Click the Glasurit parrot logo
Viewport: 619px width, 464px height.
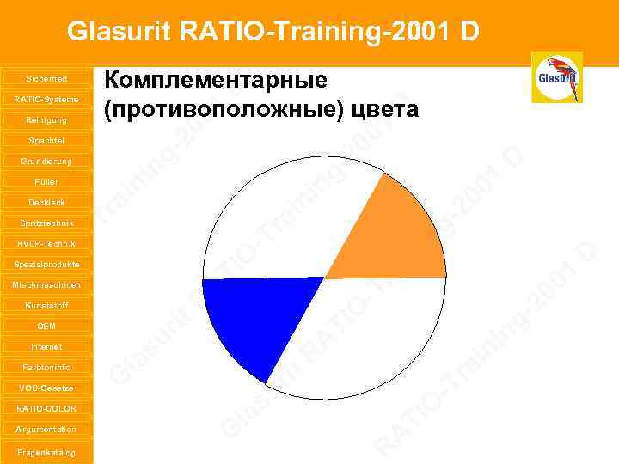pyautogui.click(x=556, y=77)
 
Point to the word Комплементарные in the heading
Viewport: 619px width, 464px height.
pyautogui.click(x=216, y=81)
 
